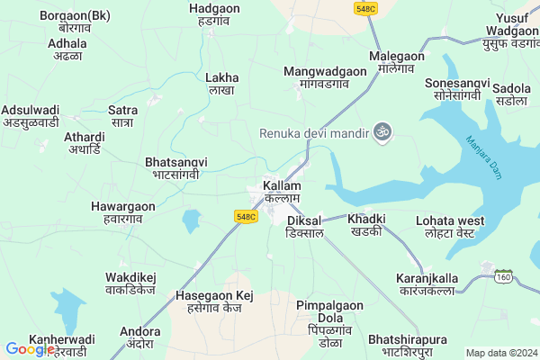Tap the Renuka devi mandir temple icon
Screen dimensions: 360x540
pyautogui.click(x=382, y=131)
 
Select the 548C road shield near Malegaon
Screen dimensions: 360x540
pyautogui.click(x=365, y=8)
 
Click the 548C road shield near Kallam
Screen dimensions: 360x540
pyautogui.click(x=247, y=217)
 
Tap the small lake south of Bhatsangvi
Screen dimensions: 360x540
pyautogui.click(x=191, y=219)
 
